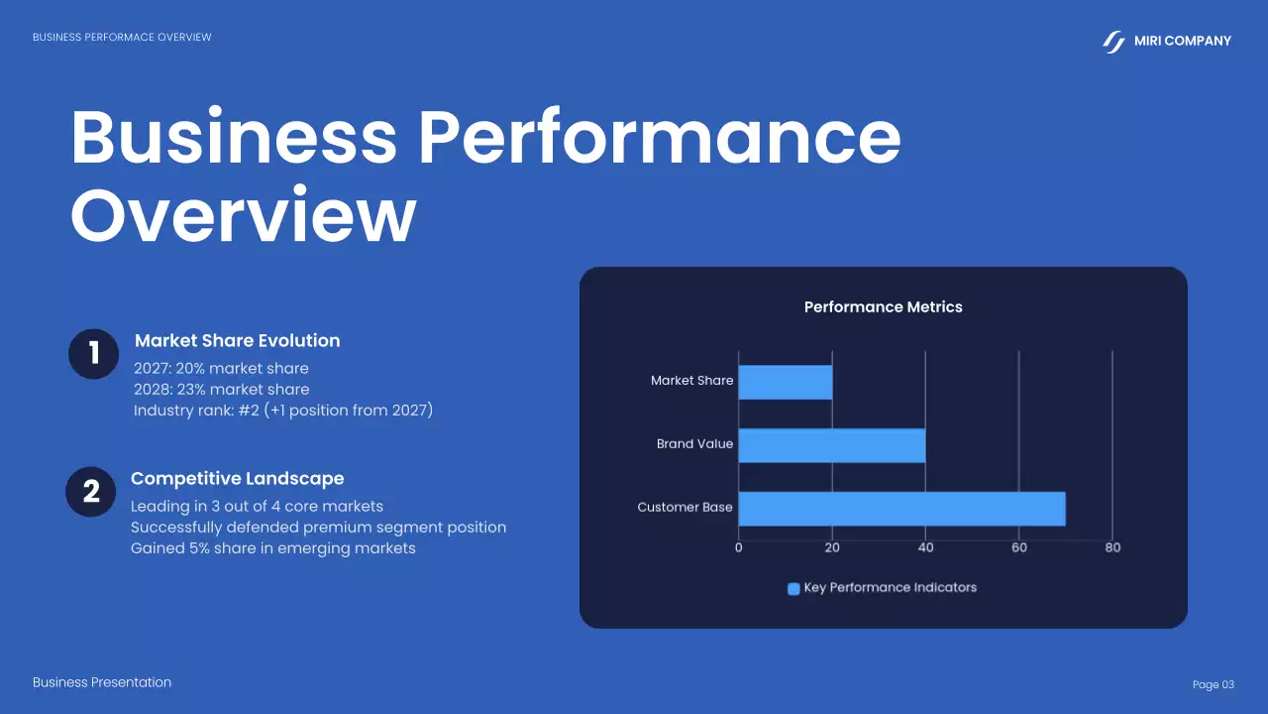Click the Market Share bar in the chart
[x=786, y=382]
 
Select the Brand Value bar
[x=832, y=445]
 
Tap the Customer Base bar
[x=901, y=509]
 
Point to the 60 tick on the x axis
[x=1019, y=547]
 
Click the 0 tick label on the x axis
[x=739, y=547]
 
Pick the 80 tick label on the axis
[x=1112, y=547]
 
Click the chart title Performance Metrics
[x=883, y=307]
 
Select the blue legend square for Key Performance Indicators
[x=793, y=588]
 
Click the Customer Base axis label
[x=685, y=508]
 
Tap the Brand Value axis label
[x=694, y=444]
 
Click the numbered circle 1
[x=94, y=354]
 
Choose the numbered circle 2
[x=91, y=492]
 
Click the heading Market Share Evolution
[x=237, y=341]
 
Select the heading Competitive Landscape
[x=237, y=479]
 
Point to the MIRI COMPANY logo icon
[x=1114, y=42]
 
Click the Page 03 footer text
[x=1214, y=685]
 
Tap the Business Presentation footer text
[x=102, y=682]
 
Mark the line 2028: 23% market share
[x=221, y=390]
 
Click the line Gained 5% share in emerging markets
[x=272, y=548]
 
